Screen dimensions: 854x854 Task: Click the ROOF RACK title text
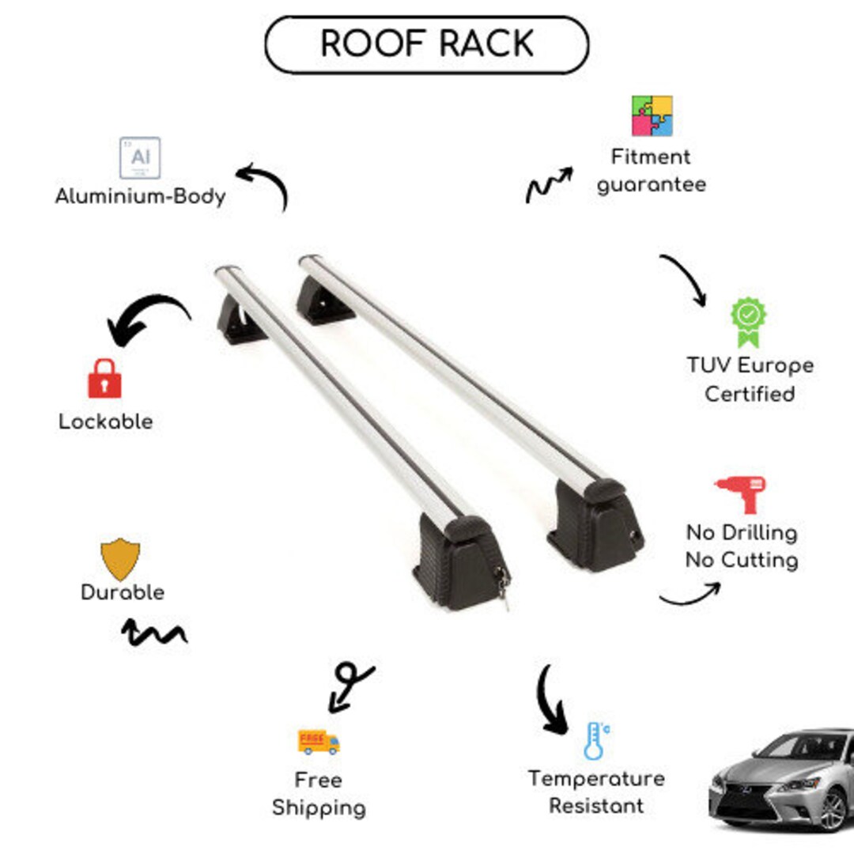pos(426,45)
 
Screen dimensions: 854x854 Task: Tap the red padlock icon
pos(104,379)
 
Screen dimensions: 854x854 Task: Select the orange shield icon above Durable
pos(120,559)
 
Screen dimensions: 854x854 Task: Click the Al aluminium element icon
pos(140,158)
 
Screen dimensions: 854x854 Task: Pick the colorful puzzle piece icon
pos(652,115)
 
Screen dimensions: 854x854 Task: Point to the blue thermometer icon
pos(595,741)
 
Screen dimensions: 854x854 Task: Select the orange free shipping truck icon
pos(319,741)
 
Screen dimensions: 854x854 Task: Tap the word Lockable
pos(106,421)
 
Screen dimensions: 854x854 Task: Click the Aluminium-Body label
pos(140,196)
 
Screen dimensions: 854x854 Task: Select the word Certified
pos(750,394)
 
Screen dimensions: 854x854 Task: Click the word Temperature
pos(596,779)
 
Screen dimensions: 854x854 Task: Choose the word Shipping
pos(319,808)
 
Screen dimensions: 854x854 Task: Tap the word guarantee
pos(652,185)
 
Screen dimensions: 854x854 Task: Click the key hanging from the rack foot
pos(502,586)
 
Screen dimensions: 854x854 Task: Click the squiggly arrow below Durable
pos(153,632)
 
